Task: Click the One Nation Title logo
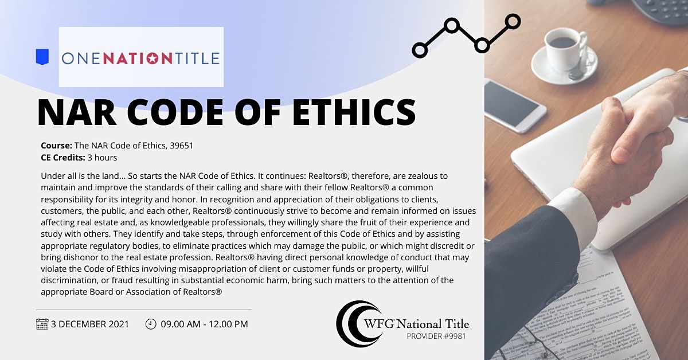(141, 57)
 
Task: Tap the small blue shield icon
(42, 56)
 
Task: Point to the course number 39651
(182, 146)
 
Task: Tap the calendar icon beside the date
(42, 324)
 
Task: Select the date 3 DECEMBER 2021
(90, 324)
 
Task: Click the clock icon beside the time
(151, 324)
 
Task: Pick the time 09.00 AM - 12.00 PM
(205, 324)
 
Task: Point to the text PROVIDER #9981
(436, 336)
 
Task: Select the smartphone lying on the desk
(514, 105)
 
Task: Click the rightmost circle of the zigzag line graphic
(513, 22)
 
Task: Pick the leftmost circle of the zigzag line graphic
(420, 50)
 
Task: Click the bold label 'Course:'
(56, 146)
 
